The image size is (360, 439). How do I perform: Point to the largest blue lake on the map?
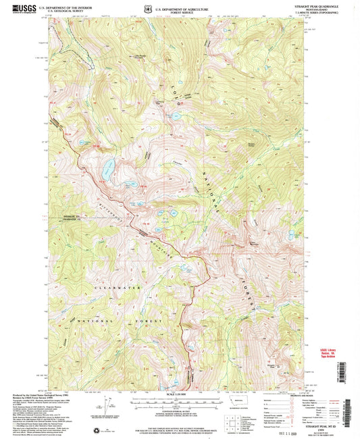107,170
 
